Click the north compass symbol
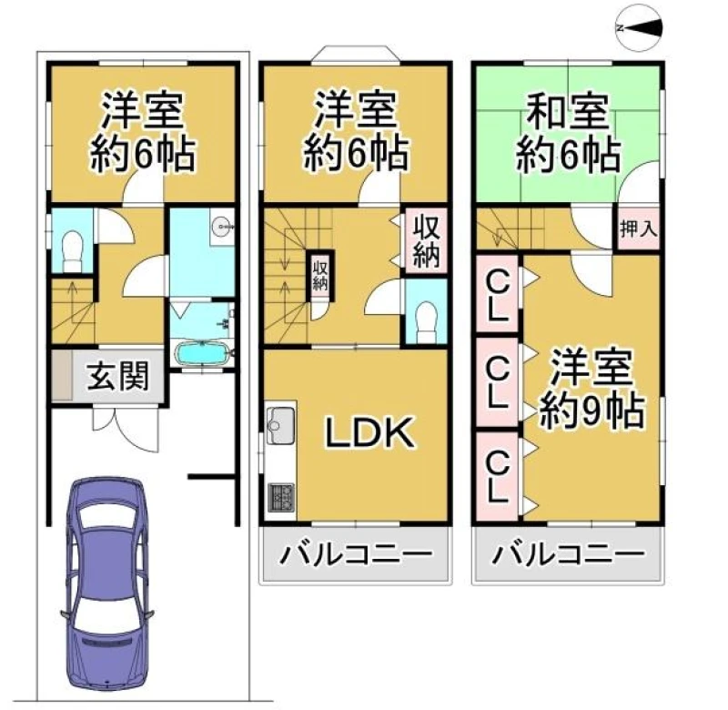(x=640, y=27)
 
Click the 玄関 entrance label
(x=118, y=376)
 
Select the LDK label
(x=369, y=432)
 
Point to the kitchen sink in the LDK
(x=281, y=420)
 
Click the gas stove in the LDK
(x=281, y=496)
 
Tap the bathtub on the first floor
(x=202, y=354)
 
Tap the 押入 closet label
(x=639, y=228)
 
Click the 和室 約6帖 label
(x=568, y=133)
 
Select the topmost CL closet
(x=497, y=294)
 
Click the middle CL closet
(x=497, y=382)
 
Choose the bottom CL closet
(x=497, y=476)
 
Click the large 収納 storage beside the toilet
(x=426, y=241)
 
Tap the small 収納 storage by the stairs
(x=320, y=276)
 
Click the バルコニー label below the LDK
(x=355, y=554)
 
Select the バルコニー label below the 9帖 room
(x=568, y=554)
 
